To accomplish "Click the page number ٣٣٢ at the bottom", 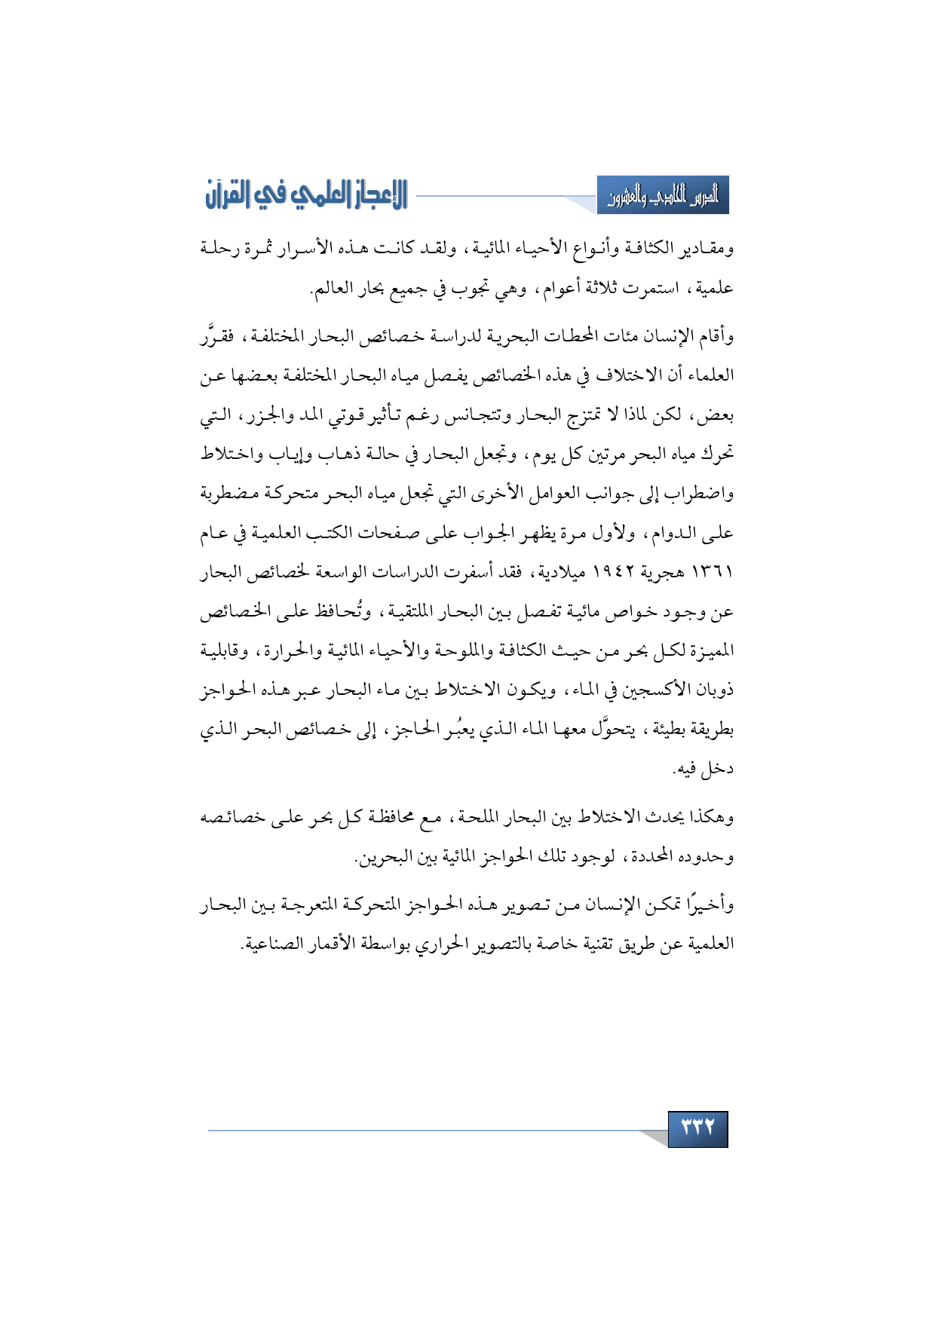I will coord(697,1128).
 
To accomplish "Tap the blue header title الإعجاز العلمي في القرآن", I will coord(306,195).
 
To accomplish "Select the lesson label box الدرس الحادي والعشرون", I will coord(663,196).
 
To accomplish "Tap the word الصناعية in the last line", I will coord(270,943).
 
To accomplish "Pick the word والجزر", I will coord(268,414).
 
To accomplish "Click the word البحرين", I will coord(384,858).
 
